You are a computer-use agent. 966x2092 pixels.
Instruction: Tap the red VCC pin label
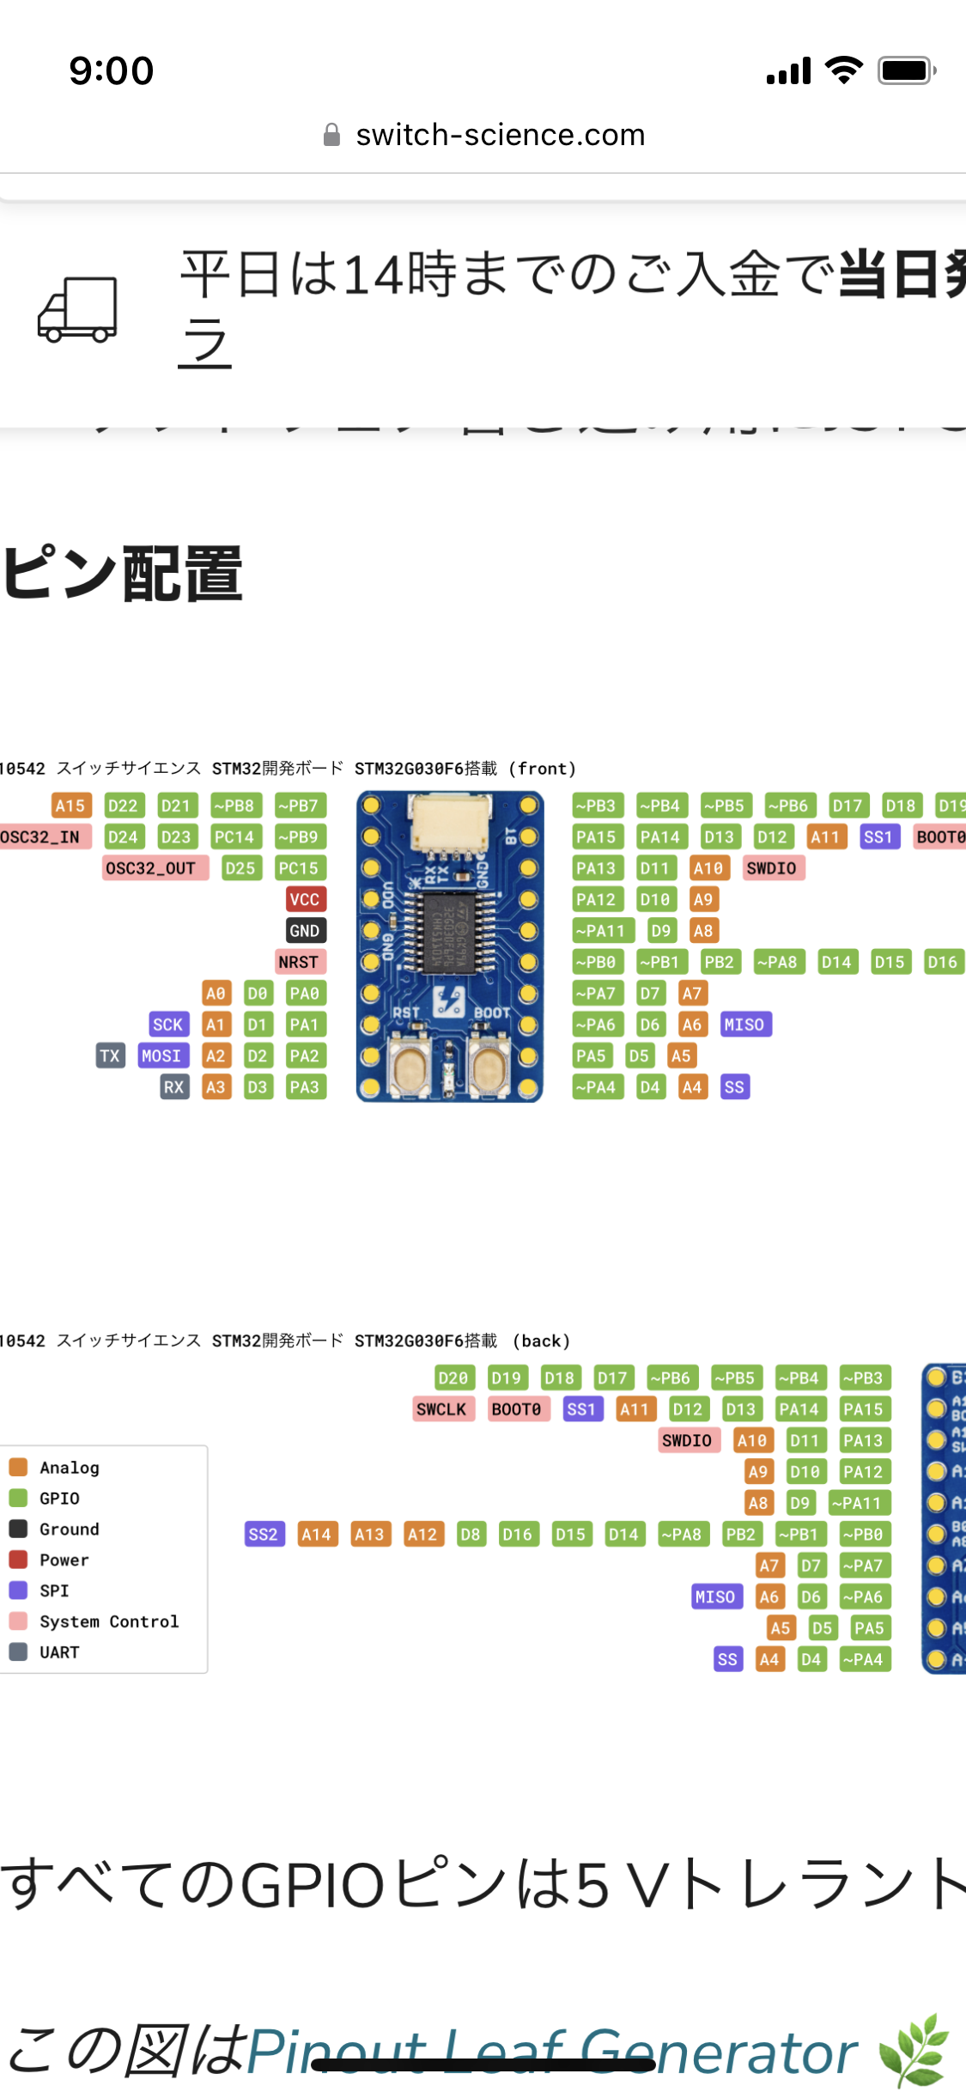(304, 899)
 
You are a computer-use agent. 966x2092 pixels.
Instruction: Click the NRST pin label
(298, 962)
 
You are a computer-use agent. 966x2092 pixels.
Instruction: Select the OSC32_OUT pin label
(155, 868)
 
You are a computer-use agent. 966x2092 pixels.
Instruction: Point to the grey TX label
(110, 1055)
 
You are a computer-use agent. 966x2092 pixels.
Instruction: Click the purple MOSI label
(161, 1055)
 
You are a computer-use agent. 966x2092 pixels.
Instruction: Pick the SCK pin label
(167, 1025)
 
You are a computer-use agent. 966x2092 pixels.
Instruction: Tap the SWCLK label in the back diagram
(441, 1409)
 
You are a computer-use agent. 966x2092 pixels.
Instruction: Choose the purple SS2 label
(264, 1535)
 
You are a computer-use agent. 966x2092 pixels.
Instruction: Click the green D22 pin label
(123, 806)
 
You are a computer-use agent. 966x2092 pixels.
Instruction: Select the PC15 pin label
(299, 868)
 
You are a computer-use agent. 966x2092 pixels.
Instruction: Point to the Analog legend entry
(69, 1468)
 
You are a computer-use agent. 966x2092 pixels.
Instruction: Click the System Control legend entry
(108, 1621)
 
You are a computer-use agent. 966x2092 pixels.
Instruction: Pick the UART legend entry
(58, 1652)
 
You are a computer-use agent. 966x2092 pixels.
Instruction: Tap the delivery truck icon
(77, 309)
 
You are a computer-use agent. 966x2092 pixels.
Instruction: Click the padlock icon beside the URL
(331, 135)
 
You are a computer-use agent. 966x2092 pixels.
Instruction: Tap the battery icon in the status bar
(906, 70)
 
